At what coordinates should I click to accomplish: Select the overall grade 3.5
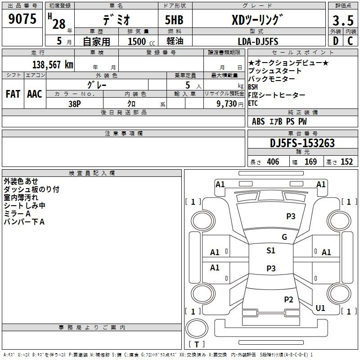(x=342, y=21)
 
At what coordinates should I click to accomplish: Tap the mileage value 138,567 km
(x=53, y=65)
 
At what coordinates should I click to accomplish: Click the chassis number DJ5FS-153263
(x=302, y=143)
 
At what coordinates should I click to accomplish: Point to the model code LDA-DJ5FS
(x=258, y=41)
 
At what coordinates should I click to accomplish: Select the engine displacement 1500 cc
(x=140, y=41)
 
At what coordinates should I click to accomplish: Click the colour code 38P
(x=75, y=103)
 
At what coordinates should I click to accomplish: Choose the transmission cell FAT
(x=13, y=94)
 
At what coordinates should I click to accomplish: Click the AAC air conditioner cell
(x=35, y=94)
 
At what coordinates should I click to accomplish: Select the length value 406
(x=273, y=162)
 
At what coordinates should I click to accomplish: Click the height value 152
(x=346, y=162)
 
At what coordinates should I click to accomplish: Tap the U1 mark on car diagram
(x=320, y=308)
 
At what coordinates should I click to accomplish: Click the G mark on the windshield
(x=284, y=237)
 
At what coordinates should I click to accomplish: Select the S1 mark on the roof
(x=271, y=251)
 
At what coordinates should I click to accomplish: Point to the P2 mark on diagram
(x=288, y=299)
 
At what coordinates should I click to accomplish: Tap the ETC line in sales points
(x=253, y=103)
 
